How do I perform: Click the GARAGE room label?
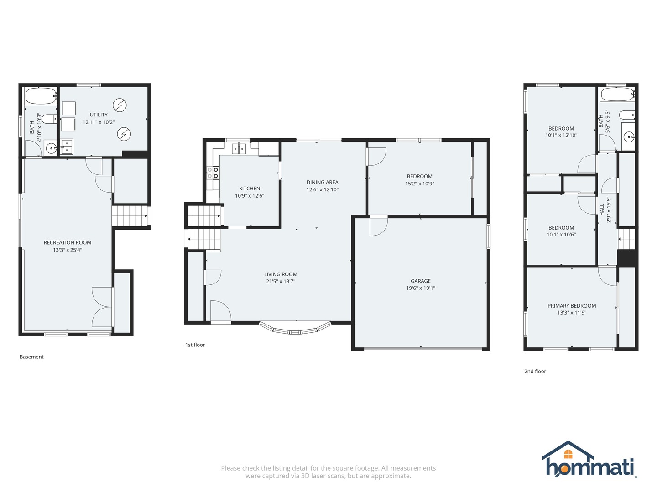coord(420,281)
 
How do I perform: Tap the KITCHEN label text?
coord(250,189)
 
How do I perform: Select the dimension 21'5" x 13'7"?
coord(281,282)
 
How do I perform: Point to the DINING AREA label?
coord(322,182)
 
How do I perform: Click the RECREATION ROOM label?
coord(68,243)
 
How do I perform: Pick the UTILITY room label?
coord(99,115)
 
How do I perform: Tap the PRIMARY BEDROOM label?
coord(572,306)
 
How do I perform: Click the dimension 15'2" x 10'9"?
coord(419,184)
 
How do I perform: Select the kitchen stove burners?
coord(213,173)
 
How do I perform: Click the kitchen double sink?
coord(239,148)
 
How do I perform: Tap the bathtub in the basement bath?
coord(41,96)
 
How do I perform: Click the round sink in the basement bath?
coord(51,148)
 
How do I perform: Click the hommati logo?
coord(589,461)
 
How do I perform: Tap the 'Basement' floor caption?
coord(31,357)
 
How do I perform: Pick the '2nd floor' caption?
coord(535,372)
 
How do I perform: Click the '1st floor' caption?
coord(195,345)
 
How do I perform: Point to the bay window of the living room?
coord(295,328)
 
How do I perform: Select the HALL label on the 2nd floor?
coord(602,210)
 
